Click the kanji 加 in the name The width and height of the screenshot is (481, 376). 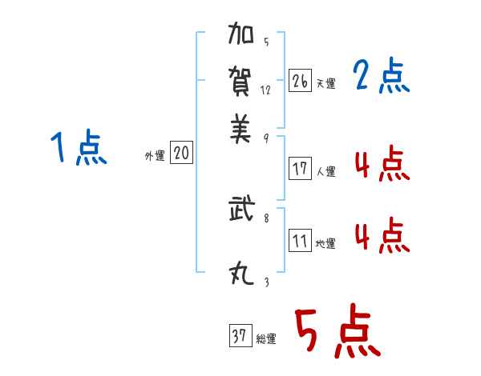point(241,33)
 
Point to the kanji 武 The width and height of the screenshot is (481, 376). point(242,208)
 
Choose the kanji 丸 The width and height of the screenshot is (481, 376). point(241,274)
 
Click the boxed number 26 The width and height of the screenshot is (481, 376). point(300,81)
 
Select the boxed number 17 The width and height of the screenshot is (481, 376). point(300,168)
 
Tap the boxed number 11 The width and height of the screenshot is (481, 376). point(300,240)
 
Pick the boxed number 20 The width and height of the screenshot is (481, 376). point(181,152)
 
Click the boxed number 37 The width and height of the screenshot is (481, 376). point(240,335)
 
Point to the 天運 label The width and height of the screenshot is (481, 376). point(326,83)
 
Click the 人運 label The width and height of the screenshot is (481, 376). point(326,171)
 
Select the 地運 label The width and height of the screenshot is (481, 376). point(325,243)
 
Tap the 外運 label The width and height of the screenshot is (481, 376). point(155,155)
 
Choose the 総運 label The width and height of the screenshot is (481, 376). point(266,338)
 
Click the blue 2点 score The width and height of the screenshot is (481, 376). point(381,75)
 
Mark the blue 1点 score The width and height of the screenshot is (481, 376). point(79,147)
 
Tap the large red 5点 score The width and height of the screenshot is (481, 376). point(338,330)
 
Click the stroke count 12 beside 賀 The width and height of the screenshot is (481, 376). point(265,90)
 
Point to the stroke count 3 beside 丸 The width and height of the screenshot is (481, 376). point(267,282)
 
